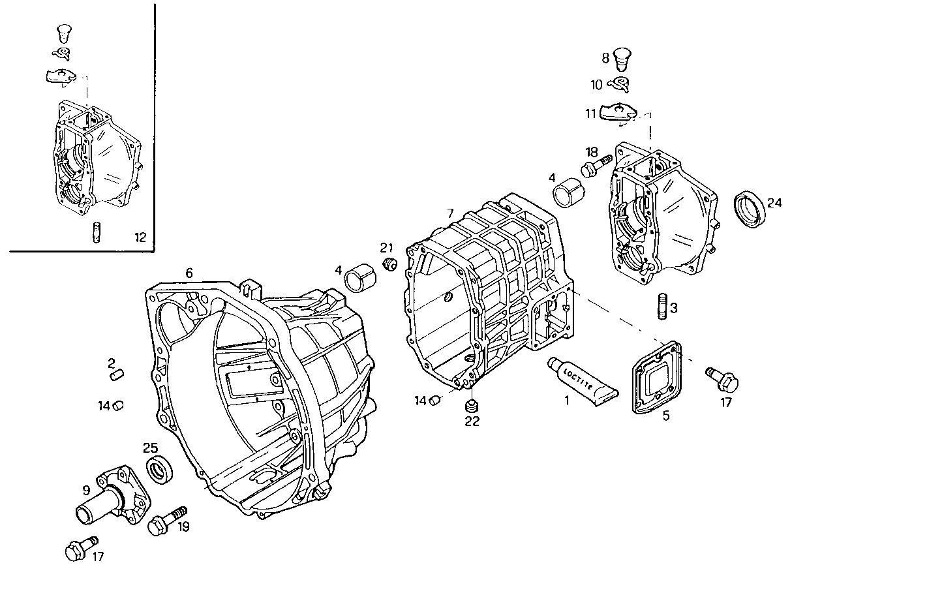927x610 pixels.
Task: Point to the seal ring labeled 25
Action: (x=159, y=470)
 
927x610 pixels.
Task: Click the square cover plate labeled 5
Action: (x=656, y=378)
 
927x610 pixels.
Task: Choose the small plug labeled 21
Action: (x=390, y=264)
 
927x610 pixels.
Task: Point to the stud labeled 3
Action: (x=662, y=307)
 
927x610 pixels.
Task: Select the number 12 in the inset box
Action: (x=140, y=237)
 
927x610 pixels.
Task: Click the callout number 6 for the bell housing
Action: (x=189, y=273)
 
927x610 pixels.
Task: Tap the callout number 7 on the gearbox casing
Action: (x=450, y=214)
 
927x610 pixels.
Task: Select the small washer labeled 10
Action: (x=618, y=84)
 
